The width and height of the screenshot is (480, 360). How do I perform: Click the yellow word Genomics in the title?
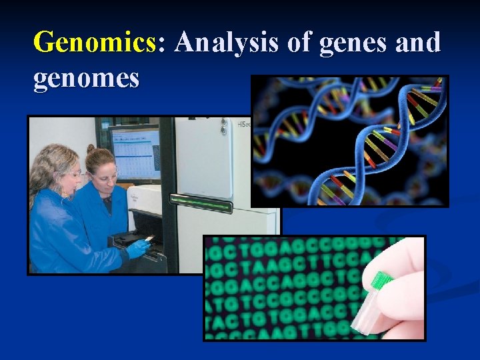[x=93, y=43]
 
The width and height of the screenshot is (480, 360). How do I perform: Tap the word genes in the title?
[x=352, y=43]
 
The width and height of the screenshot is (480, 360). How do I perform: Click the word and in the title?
[x=417, y=43]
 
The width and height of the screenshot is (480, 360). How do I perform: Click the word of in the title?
[x=299, y=43]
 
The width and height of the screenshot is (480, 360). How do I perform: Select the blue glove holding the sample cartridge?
[x=139, y=249]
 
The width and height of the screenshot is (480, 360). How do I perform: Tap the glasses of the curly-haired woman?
[x=75, y=175]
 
